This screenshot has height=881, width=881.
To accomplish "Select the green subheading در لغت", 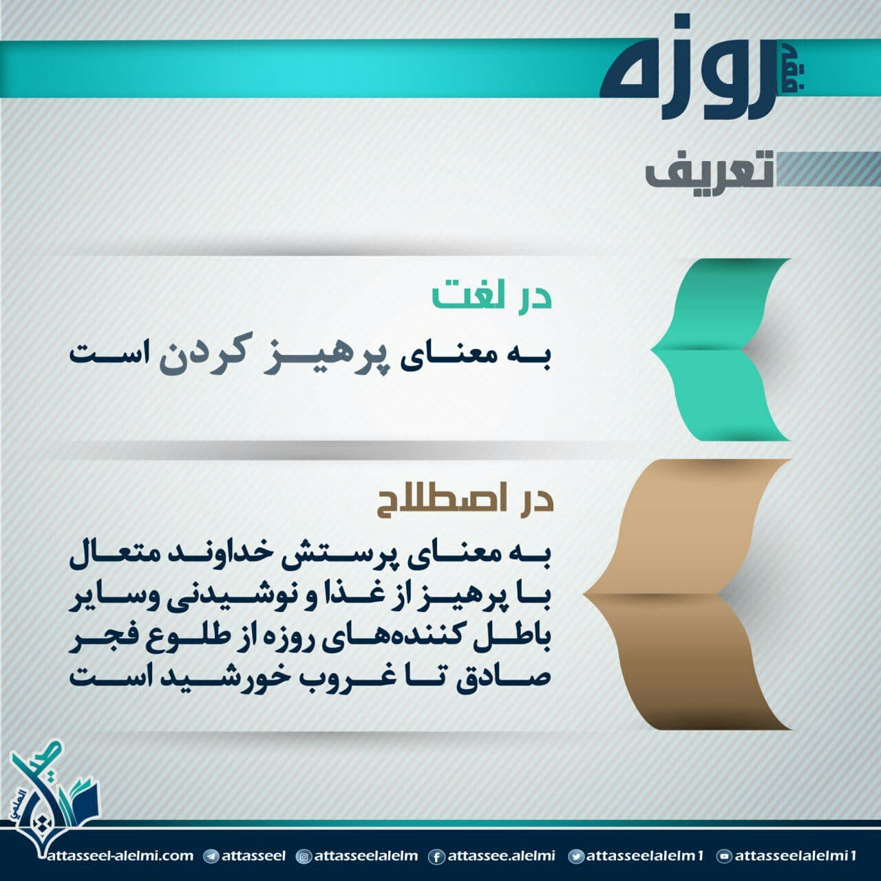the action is click(492, 296).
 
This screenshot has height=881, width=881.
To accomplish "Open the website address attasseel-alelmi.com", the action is click(120, 856).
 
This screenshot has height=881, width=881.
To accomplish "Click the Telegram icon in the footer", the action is click(211, 856).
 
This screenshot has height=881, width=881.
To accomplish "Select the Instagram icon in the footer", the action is click(304, 856).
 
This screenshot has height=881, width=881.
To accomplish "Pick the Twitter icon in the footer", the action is click(576, 856).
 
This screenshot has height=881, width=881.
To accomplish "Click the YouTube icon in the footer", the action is click(724, 856).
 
